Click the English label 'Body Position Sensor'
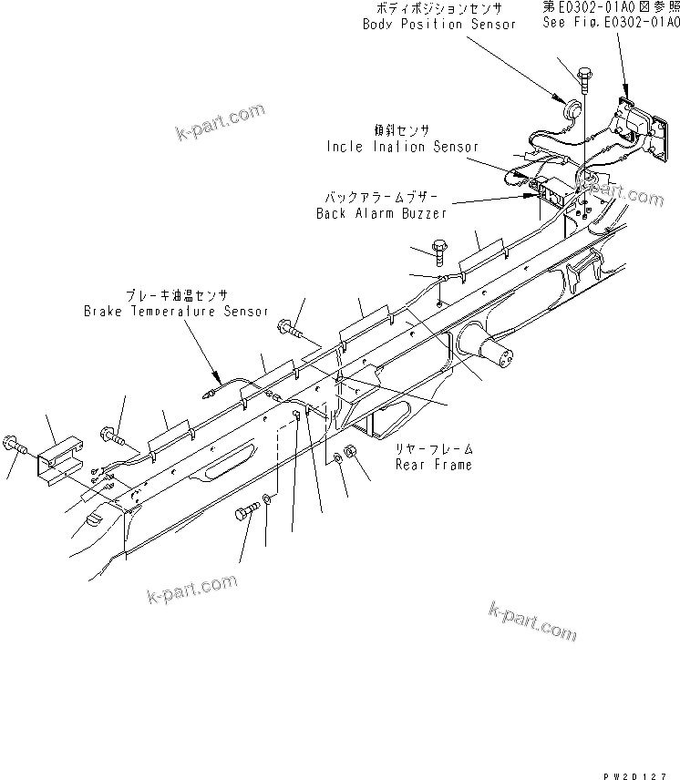pos(439,24)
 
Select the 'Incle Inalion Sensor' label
pos(402,146)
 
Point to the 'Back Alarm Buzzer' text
pos(381,213)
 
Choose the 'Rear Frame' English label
pos(433,465)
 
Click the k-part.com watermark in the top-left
pos(221,124)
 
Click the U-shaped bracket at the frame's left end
pos(60,461)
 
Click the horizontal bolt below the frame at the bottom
pos(247,513)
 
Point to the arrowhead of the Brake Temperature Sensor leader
pos(215,381)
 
